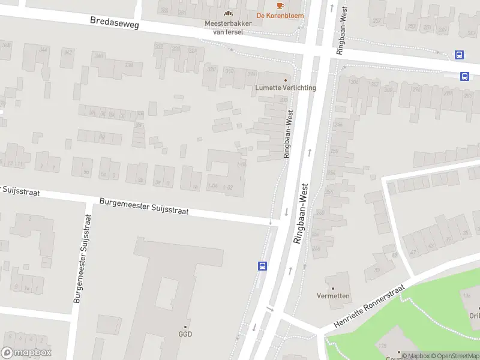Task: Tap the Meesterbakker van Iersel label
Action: pyautogui.click(x=224, y=28)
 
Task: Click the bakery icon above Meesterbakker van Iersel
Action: pyautogui.click(x=227, y=13)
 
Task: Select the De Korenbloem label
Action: pyautogui.click(x=280, y=16)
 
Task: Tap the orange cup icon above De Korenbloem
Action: pyautogui.click(x=280, y=5)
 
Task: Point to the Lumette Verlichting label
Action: pyautogui.click(x=286, y=88)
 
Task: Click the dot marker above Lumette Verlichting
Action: pyautogui.click(x=286, y=80)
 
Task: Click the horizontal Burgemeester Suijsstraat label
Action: pyautogui.click(x=144, y=207)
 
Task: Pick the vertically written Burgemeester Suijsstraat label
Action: pyautogui.click(x=83, y=257)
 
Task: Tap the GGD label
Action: pyautogui.click(x=185, y=334)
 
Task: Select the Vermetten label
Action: pyautogui.click(x=334, y=296)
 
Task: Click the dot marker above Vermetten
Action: pyautogui.click(x=334, y=288)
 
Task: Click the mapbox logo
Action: pyautogui.click(x=26, y=353)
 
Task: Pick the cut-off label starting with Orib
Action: pyautogui.click(x=474, y=316)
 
